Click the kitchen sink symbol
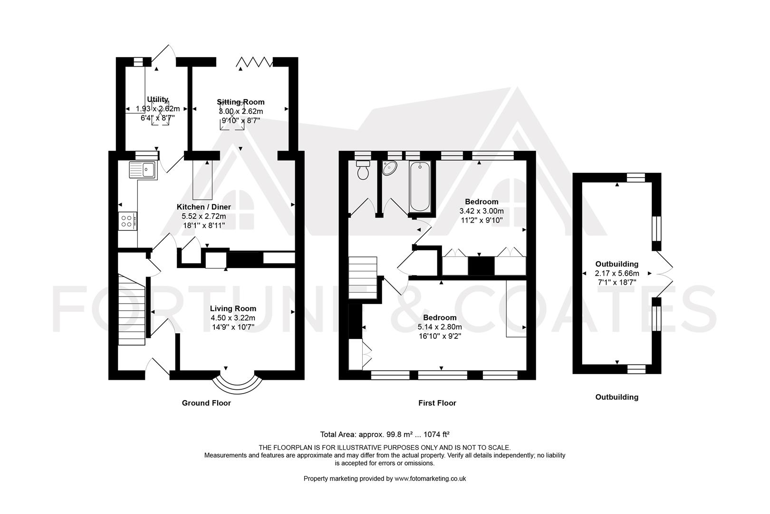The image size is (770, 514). (x=143, y=170)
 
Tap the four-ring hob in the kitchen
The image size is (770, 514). (x=127, y=221)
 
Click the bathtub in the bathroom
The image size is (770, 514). (x=420, y=187)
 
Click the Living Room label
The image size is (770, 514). (x=233, y=308)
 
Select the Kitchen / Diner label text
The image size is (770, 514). (x=203, y=207)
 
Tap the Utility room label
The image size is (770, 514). (x=157, y=99)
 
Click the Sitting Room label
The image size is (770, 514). (x=241, y=102)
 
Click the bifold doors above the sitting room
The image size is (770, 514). (x=255, y=62)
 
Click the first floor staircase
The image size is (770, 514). (x=363, y=277)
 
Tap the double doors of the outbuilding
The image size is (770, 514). (x=664, y=274)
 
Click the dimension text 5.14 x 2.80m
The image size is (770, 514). (x=440, y=327)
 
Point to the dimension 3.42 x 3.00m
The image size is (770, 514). (x=481, y=211)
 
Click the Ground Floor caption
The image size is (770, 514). (x=206, y=403)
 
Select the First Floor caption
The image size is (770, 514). (x=437, y=403)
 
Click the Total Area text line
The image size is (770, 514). (x=385, y=434)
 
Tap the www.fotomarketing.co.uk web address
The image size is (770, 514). (x=430, y=479)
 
